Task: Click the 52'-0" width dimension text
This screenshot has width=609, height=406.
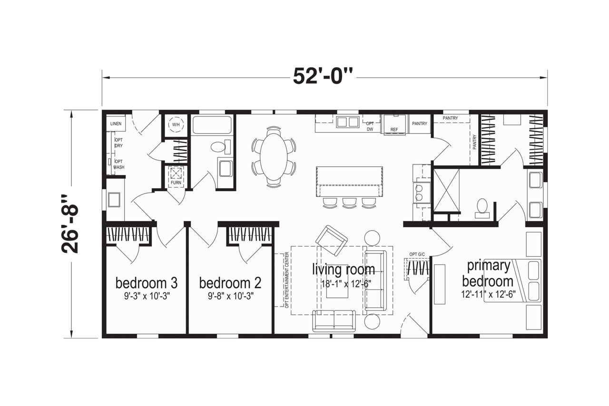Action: coord(323,77)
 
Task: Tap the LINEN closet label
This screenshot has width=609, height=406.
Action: coord(116,124)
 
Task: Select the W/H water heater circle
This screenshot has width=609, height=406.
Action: coord(176,125)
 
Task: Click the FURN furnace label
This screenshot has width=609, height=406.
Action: coord(176,183)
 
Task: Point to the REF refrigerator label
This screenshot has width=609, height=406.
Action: coord(394,130)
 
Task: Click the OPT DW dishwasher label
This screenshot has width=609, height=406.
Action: coord(370,126)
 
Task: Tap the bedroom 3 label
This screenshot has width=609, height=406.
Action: coord(147,283)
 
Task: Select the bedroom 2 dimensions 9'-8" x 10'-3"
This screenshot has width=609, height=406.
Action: coord(231,296)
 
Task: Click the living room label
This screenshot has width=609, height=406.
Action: coord(344,269)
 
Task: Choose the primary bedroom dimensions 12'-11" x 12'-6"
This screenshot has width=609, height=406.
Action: coord(488,294)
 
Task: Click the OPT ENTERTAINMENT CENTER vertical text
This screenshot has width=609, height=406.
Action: coord(287,280)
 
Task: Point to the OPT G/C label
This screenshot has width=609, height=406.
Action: coord(417,254)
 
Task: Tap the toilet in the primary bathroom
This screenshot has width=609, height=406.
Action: coord(482,208)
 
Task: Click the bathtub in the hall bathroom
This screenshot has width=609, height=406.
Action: coord(212,125)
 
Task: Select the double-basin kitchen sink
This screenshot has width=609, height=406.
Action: coord(347,122)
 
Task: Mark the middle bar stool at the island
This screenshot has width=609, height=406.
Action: coord(350,203)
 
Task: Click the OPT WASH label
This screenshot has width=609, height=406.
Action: coord(119,164)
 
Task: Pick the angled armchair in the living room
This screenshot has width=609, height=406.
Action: coord(332,241)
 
